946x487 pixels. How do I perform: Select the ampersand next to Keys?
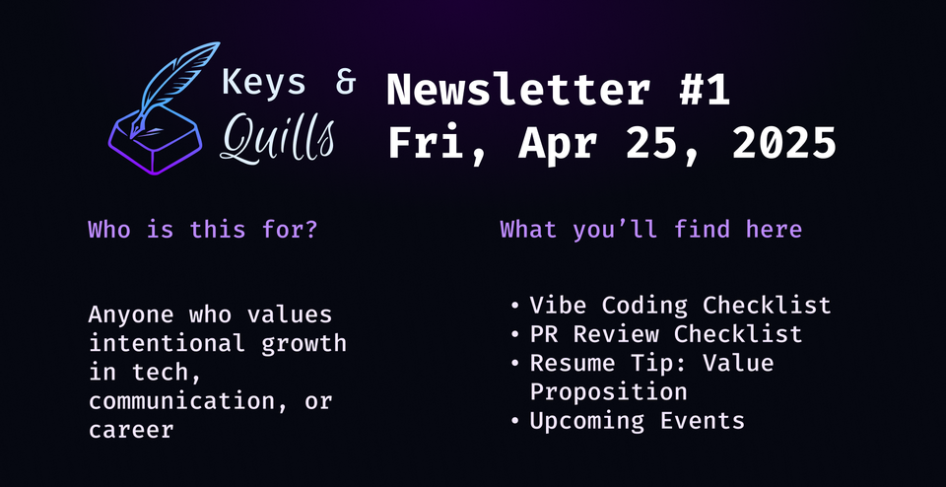(345, 84)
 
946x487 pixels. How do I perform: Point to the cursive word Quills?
(277, 138)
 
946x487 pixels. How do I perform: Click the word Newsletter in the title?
(518, 91)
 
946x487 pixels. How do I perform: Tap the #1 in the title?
(704, 91)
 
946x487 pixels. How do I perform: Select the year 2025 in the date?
(783, 144)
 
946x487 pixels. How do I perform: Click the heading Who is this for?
(202, 230)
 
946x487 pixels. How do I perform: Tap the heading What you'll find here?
(650, 230)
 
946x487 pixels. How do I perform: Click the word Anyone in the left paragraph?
(128, 315)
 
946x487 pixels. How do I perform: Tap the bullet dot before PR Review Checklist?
(516, 335)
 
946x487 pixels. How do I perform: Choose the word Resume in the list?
(572, 363)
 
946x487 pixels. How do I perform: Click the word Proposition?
(608, 391)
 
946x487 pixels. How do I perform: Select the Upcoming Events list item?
(637, 421)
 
